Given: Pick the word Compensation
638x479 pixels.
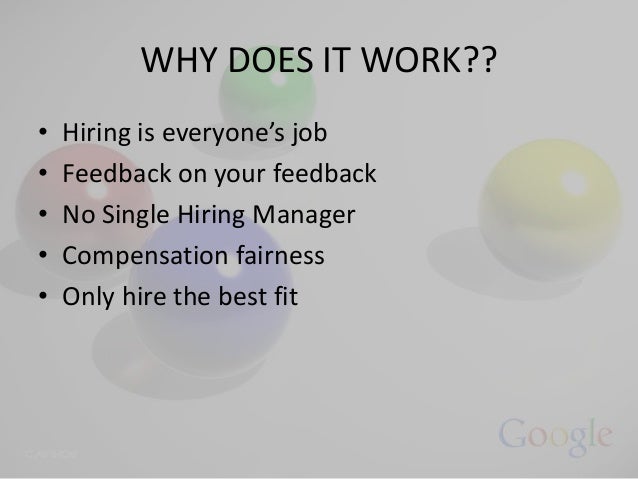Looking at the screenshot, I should tap(135, 256).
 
